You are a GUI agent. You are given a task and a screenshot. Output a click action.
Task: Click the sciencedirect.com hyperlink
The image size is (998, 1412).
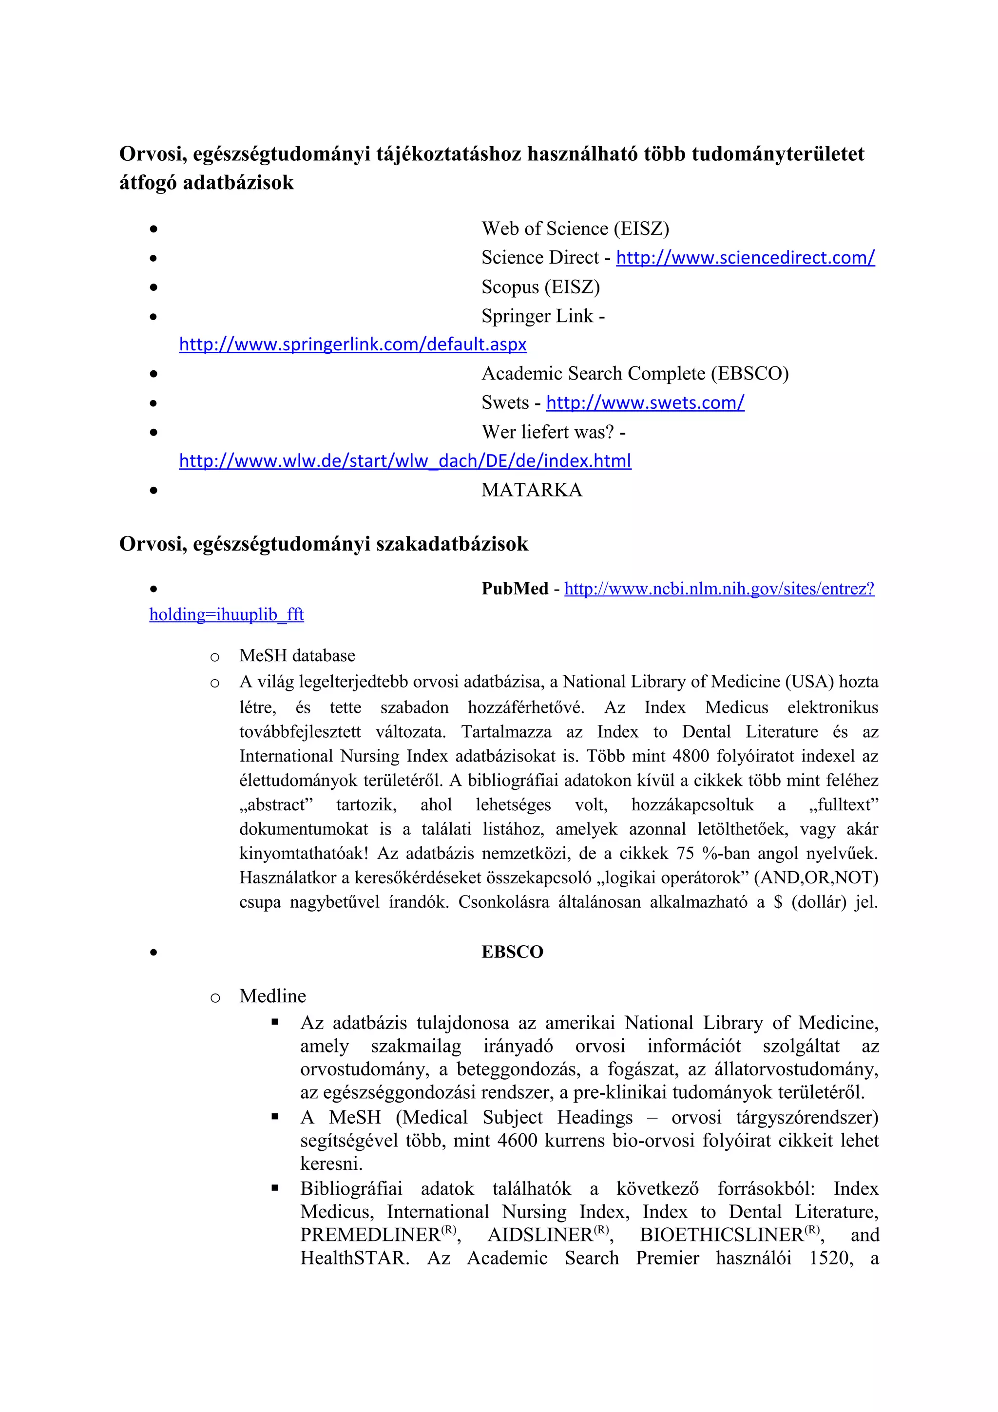(x=745, y=258)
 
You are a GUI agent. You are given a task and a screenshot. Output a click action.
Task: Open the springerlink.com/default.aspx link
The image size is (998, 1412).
(x=352, y=344)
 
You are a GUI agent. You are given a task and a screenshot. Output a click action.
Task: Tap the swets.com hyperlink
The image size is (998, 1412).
(x=645, y=403)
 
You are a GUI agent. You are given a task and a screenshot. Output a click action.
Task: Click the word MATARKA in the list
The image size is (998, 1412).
(x=531, y=490)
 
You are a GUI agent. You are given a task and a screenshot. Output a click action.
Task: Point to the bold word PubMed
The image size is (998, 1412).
(x=515, y=589)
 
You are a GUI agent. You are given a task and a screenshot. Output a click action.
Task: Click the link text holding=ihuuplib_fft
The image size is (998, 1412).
(x=226, y=615)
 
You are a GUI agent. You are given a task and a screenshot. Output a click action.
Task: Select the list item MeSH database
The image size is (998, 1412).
(x=297, y=656)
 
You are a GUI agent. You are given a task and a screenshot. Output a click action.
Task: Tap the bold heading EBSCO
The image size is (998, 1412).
(x=512, y=952)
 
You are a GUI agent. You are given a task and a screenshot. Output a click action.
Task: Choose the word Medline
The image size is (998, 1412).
(x=272, y=996)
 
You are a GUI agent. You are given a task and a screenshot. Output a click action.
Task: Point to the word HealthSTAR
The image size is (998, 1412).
(x=354, y=1258)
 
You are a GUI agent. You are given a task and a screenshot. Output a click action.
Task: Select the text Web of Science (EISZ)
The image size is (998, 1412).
(x=575, y=229)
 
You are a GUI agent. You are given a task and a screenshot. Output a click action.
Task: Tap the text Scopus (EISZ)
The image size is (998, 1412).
(x=540, y=287)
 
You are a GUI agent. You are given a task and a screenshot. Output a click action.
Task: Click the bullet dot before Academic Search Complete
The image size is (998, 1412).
(x=154, y=374)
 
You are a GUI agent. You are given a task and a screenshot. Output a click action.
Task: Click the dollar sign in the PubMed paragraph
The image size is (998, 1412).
(x=778, y=902)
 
